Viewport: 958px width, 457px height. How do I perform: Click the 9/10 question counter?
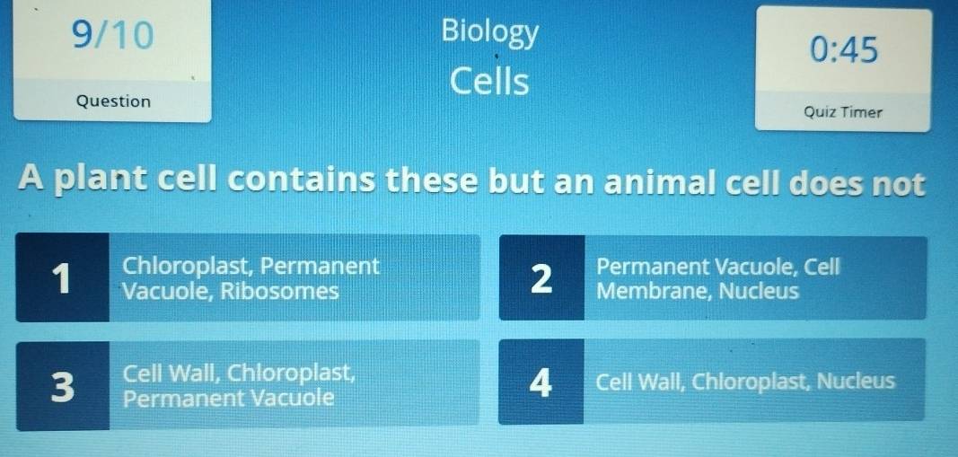pos(112,34)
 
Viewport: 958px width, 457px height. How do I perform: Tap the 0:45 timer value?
pos(844,50)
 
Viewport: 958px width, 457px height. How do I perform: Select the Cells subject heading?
pos(489,82)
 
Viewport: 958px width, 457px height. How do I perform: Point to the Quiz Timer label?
pos(843,112)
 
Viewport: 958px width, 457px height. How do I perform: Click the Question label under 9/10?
pos(113,101)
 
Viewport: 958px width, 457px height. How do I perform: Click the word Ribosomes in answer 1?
pos(279,292)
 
